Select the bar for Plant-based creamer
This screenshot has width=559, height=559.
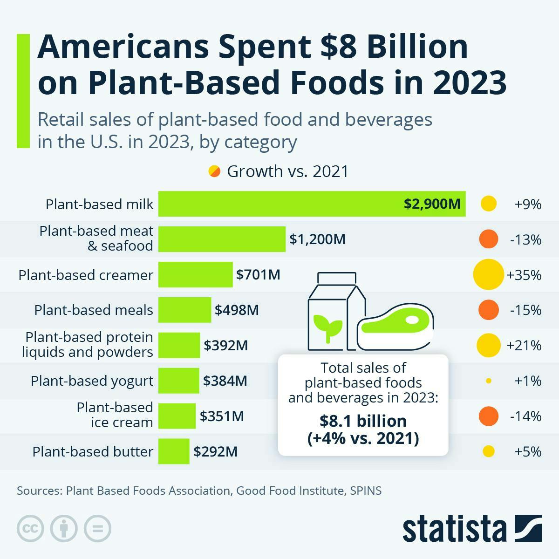click(x=195, y=274)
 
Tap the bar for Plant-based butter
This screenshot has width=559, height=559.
click(x=174, y=451)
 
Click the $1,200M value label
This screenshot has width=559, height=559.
click(x=317, y=239)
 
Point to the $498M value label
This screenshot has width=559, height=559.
click(x=237, y=310)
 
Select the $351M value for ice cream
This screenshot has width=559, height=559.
click(x=222, y=416)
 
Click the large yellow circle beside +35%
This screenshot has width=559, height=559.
click(x=488, y=275)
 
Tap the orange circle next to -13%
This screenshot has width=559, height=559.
click(x=488, y=239)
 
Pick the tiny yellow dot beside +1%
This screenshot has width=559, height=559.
click(x=488, y=381)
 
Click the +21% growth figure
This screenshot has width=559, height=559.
click(x=524, y=346)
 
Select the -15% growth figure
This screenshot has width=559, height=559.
click(x=525, y=310)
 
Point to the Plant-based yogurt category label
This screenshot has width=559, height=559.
click(x=92, y=381)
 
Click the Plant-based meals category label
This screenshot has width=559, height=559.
click(x=93, y=310)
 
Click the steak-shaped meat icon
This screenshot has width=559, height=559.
click(x=396, y=326)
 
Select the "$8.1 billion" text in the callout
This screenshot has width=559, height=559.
click(x=363, y=421)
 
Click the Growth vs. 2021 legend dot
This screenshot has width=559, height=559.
click(x=214, y=171)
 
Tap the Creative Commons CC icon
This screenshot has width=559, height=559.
click(x=30, y=529)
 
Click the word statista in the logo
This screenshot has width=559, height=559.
click(x=454, y=529)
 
